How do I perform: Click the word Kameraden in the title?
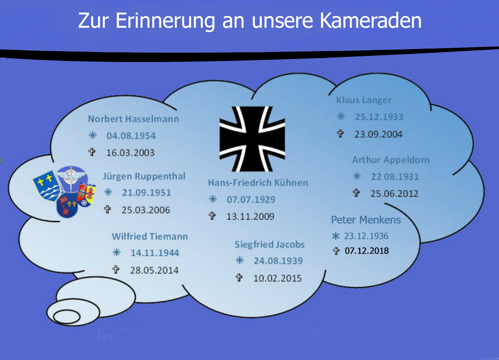[370, 20]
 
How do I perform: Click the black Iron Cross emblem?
[252, 139]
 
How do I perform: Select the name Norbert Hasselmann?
[134, 119]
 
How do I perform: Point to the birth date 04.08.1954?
[131, 136]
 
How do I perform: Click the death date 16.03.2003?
[130, 153]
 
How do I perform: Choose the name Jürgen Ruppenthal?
[144, 177]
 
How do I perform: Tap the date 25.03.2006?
[146, 210]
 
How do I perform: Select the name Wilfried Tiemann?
[150, 236]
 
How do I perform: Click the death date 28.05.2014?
[154, 270]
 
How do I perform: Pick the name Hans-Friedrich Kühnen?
[258, 183]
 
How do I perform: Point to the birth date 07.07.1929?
[251, 200]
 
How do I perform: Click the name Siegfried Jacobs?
[270, 245]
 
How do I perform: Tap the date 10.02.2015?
[277, 278]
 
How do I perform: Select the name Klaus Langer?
[364, 100]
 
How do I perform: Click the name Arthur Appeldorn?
[391, 160]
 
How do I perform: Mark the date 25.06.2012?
[394, 193]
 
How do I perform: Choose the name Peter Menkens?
[366, 220]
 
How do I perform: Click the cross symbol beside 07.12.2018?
[336, 251]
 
